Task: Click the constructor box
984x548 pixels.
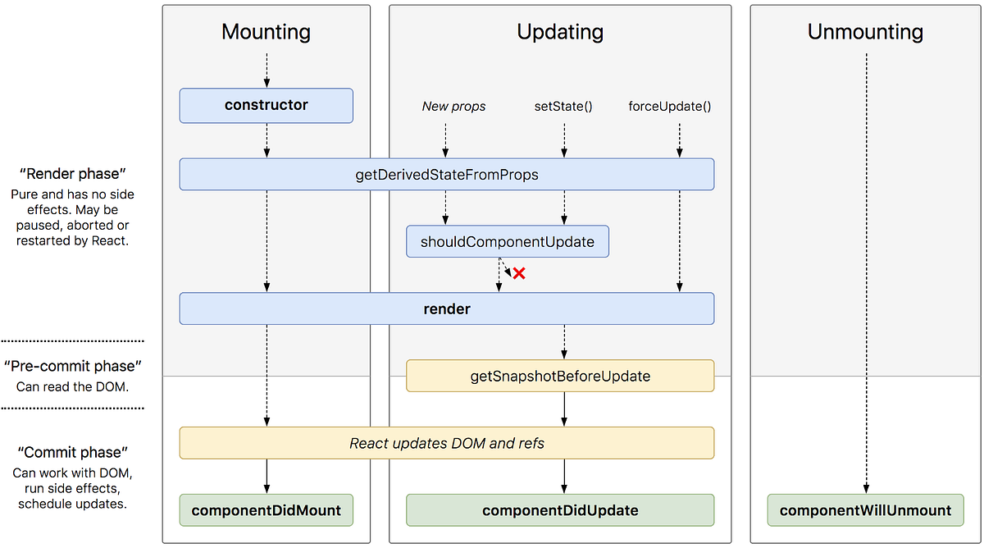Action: coord(266,106)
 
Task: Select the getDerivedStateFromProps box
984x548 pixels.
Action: coord(447,175)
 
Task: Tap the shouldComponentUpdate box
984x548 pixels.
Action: coord(508,242)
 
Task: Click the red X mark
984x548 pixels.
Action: coord(518,273)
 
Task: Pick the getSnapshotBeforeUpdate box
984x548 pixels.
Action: coord(560,376)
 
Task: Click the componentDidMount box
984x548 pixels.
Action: coord(266,509)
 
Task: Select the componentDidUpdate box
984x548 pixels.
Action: coord(560,509)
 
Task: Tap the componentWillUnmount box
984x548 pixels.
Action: coord(865,509)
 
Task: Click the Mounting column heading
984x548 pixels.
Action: coord(266,32)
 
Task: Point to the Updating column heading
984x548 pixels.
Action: coord(560,32)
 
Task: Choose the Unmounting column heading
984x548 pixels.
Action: coord(865,32)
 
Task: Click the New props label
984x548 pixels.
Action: coord(453,106)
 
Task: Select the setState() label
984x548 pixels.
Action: coord(563,106)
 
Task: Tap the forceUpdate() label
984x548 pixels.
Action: coord(669,106)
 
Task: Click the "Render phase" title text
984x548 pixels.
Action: coord(73,174)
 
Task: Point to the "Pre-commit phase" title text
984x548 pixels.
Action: coord(73,366)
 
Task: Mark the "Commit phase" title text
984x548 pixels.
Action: coord(73,452)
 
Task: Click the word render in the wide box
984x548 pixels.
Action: coord(447,309)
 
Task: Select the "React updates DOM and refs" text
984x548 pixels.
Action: coord(447,443)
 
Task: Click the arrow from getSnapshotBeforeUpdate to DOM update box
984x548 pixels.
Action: coord(564,409)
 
